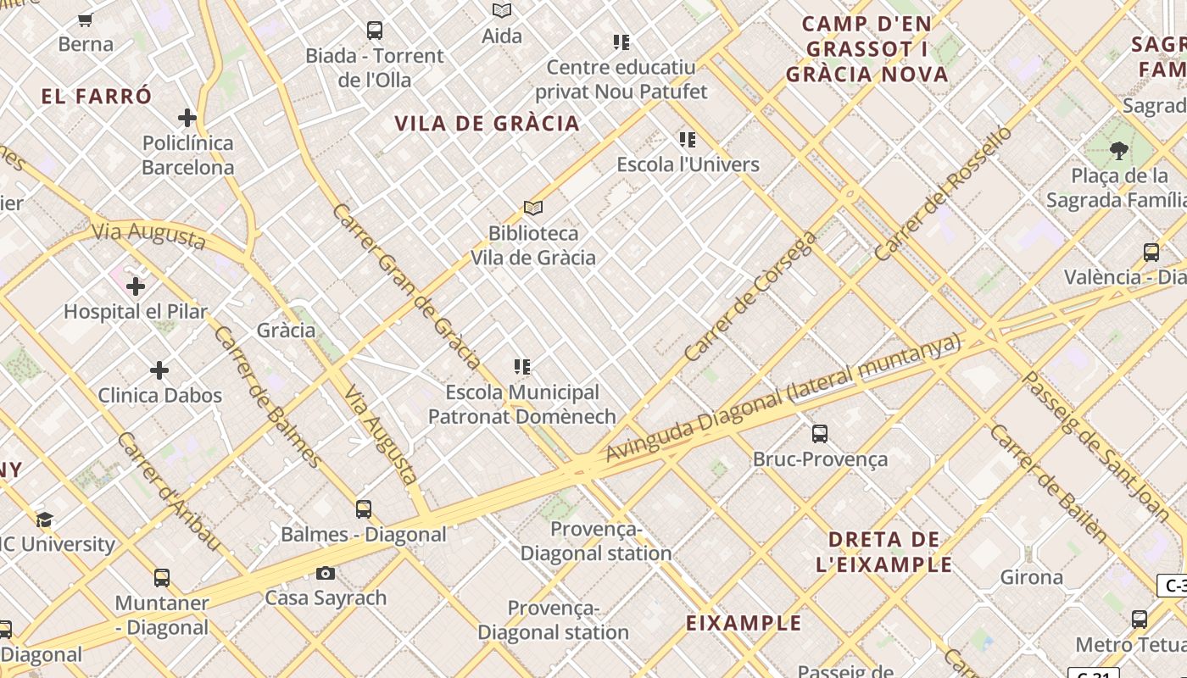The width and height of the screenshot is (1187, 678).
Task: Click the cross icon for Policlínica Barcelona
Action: tap(187, 118)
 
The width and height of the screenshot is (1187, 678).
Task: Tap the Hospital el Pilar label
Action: tap(136, 311)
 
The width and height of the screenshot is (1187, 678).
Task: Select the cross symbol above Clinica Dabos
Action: tap(159, 370)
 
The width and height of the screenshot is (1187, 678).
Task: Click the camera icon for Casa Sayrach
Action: tap(326, 574)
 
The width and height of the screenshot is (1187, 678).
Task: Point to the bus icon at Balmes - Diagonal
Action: tap(364, 509)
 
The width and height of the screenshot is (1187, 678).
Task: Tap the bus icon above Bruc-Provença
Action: tap(820, 434)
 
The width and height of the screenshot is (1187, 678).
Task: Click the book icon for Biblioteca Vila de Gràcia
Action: tap(533, 208)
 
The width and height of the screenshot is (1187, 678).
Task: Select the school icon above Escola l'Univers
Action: tap(688, 140)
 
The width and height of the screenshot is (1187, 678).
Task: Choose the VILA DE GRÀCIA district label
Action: tap(487, 124)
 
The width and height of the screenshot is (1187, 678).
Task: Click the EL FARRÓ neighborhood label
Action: tap(97, 97)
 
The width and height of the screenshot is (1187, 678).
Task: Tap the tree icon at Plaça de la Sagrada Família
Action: tap(1119, 151)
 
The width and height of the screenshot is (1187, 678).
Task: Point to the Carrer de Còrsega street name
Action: tap(750, 296)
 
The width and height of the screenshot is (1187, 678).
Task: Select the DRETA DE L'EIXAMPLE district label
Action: tap(884, 552)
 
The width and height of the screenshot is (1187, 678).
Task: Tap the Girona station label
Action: tap(1031, 577)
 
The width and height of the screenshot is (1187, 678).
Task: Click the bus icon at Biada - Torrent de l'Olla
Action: tap(375, 31)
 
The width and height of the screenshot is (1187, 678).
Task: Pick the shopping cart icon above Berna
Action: tap(85, 19)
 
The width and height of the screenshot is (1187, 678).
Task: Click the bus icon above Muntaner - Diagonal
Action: tap(162, 578)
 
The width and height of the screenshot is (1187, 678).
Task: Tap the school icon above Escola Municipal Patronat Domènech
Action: tap(522, 367)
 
